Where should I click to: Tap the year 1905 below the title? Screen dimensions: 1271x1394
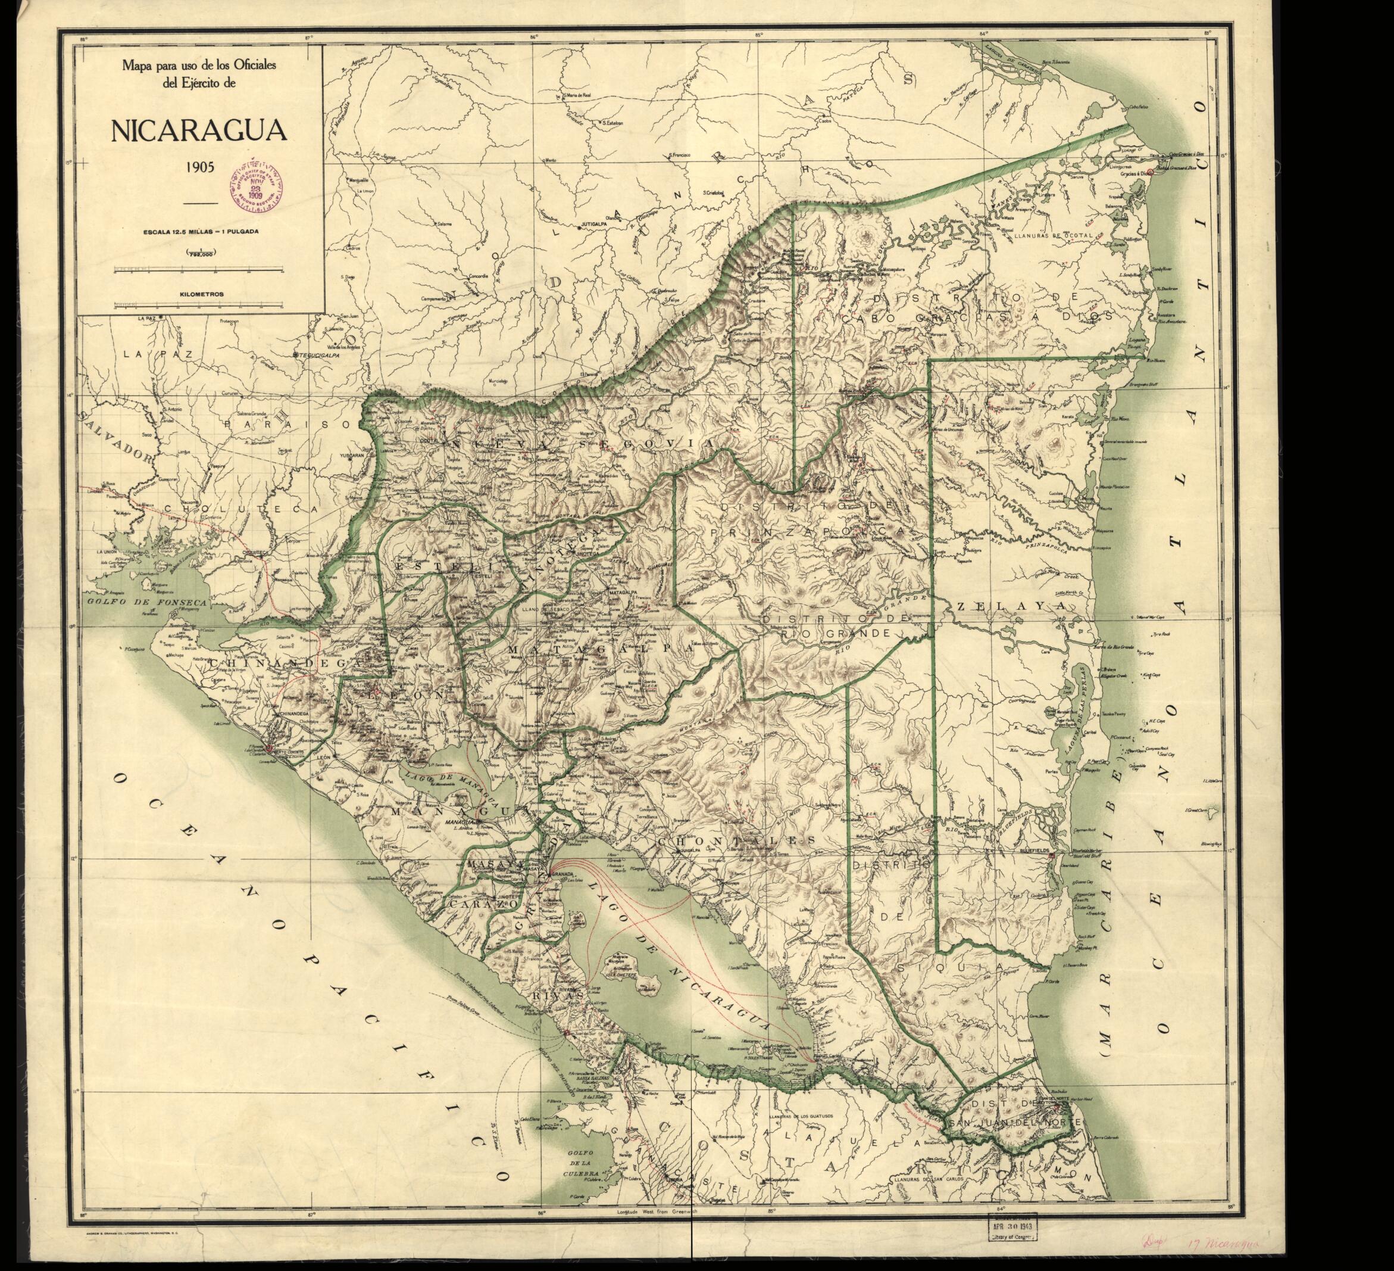point(198,167)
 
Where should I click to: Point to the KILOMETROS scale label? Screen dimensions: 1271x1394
point(201,294)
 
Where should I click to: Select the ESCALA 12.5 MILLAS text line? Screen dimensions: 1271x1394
point(201,232)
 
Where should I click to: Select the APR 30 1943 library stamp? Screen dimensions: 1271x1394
point(1011,1222)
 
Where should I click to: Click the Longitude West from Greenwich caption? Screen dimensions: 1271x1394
point(654,1211)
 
